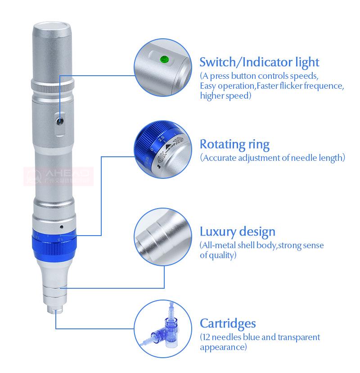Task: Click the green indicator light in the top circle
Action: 163,58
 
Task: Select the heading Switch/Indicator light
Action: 259,62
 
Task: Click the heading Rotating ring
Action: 234,145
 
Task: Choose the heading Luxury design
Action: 237,232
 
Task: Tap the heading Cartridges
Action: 228,323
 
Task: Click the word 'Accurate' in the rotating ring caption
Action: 220,158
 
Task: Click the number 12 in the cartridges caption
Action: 207,337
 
